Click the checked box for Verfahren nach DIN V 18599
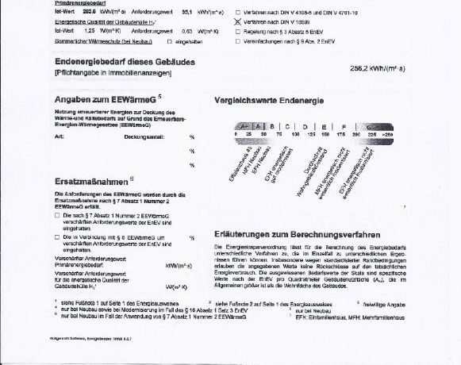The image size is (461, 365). click(238, 23)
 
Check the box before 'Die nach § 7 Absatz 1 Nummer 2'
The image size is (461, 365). click(57, 215)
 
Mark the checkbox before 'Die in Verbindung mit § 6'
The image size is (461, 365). click(57, 236)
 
